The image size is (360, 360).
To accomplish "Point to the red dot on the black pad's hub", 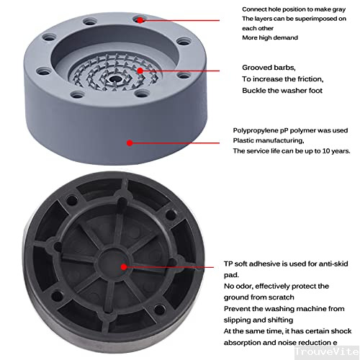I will [123, 267].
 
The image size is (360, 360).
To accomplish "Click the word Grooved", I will [257, 67].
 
